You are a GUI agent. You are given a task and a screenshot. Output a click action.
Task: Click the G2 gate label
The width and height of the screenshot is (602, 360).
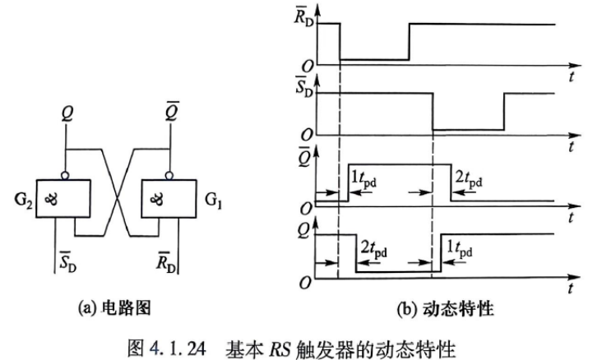tap(23, 201)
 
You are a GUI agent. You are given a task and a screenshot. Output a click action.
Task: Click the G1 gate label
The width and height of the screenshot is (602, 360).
tap(213, 200)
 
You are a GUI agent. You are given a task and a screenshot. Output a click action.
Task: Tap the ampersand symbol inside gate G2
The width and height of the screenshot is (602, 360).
tap(51, 199)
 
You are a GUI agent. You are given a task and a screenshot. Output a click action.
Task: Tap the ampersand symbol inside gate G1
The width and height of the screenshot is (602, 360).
tap(156, 199)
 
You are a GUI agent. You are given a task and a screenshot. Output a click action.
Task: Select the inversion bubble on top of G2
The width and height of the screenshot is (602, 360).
tap(65, 176)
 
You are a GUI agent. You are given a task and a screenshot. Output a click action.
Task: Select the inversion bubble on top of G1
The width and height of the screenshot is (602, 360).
tap(169, 176)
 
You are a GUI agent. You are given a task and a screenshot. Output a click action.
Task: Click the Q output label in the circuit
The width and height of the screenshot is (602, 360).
tap(67, 113)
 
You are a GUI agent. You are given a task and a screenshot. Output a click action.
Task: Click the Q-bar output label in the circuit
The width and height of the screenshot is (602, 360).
tap(172, 111)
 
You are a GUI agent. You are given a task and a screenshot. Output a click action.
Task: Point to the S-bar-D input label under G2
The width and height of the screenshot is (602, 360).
tap(67, 261)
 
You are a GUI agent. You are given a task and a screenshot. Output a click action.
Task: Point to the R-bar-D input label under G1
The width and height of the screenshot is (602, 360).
tap(166, 261)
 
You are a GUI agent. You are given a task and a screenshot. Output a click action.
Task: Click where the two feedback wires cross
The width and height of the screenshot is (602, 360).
tap(117, 199)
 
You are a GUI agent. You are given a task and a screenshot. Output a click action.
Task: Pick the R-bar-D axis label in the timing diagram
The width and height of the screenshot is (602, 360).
tap(303, 16)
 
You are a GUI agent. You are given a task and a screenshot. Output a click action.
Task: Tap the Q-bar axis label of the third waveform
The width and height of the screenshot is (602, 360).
tap(303, 157)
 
